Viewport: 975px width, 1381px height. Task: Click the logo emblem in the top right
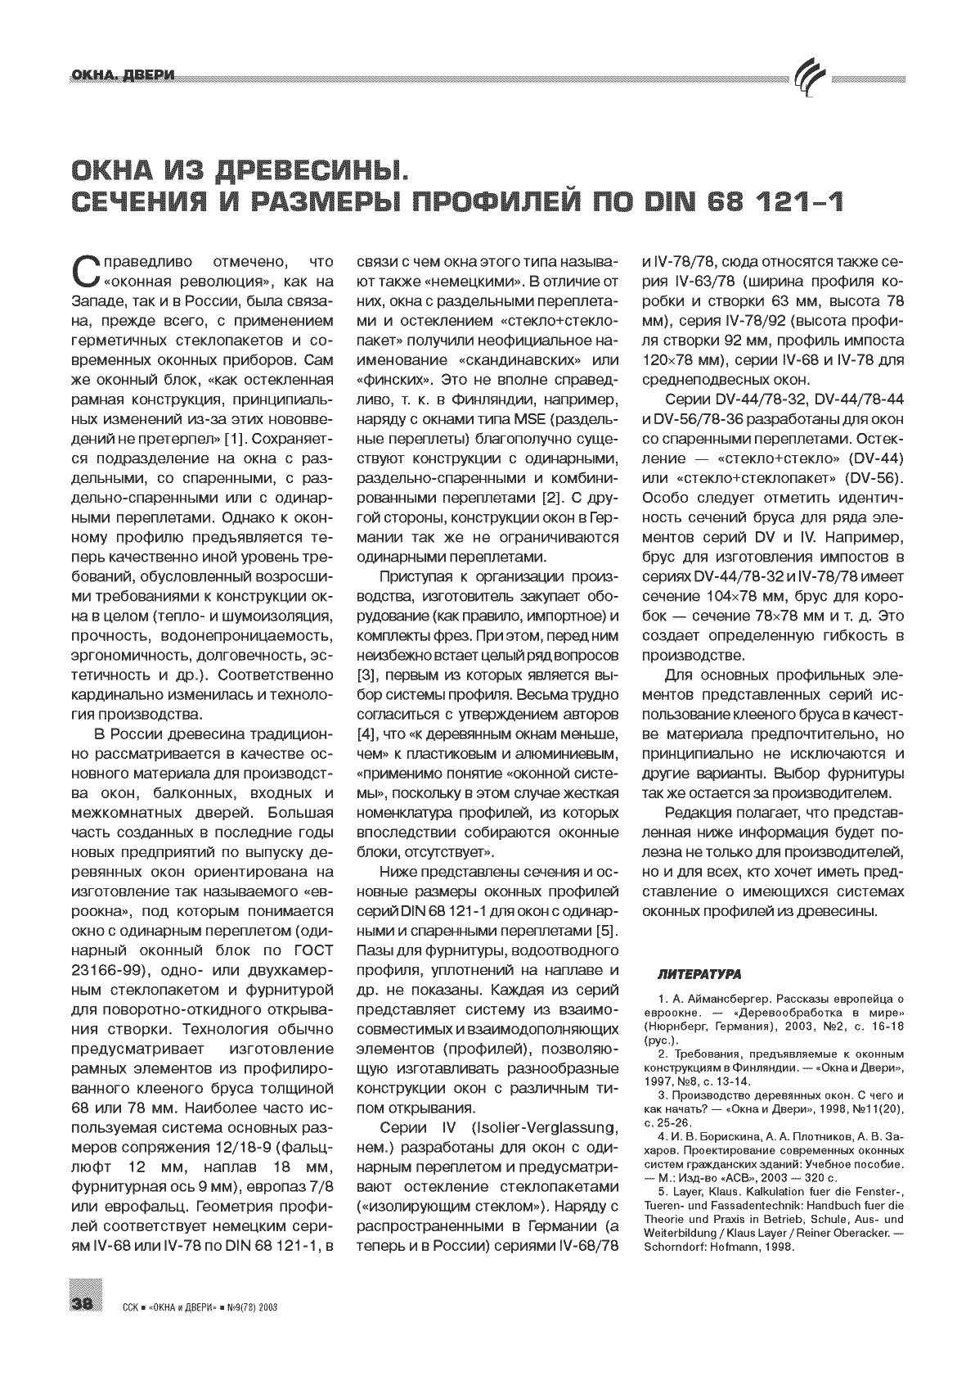coord(810,79)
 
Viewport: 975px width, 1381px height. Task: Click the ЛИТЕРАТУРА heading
coord(700,975)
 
